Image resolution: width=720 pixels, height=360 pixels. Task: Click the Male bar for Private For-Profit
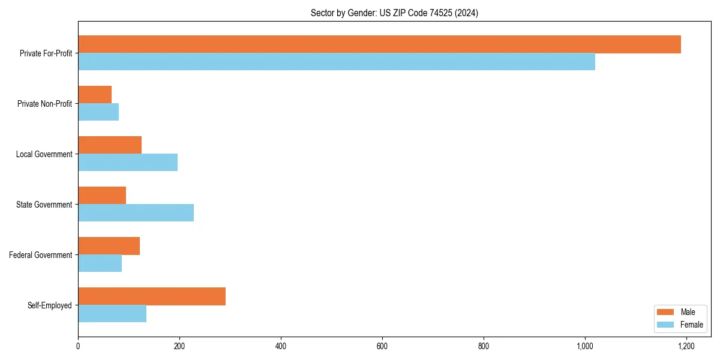[x=379, y=44]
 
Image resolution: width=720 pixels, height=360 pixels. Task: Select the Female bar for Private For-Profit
[x=337, y=62]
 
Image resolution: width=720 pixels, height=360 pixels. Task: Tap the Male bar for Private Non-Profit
[x=95, y=95]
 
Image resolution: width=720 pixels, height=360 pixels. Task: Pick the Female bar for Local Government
[x=128, y=163]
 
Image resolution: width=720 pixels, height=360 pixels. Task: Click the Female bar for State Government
[x=136, y=213]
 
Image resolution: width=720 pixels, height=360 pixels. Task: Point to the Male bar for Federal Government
[x=109, y=246]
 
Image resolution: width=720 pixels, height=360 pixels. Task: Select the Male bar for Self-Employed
[x=152, y=296]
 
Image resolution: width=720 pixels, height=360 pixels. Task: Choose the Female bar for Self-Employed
[x=112, y=314]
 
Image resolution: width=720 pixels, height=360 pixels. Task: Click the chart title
[x=394, y=13]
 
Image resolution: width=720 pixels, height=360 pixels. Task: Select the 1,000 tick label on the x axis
[x=585, y=346]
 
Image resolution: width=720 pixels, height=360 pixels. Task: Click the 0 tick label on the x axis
[x=78, y=346]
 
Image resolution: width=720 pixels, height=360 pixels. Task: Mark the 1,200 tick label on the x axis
[x=686, y=346]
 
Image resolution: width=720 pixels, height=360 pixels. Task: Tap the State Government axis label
[x=44, y=205]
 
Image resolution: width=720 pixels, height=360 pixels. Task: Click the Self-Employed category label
[x=49, y=305]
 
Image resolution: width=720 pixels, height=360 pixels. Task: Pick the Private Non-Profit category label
[x=44, y=104]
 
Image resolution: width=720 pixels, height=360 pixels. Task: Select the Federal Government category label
[x=41, y=255]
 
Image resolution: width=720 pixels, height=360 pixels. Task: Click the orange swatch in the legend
[x=666, y=312]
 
